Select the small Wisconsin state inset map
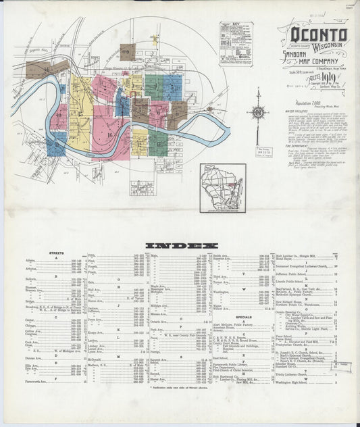[x=222, y=187]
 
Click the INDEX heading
[x=181, y=245]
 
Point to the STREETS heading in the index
[x=56, y=253]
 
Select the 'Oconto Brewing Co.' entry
[x=292, y=312]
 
